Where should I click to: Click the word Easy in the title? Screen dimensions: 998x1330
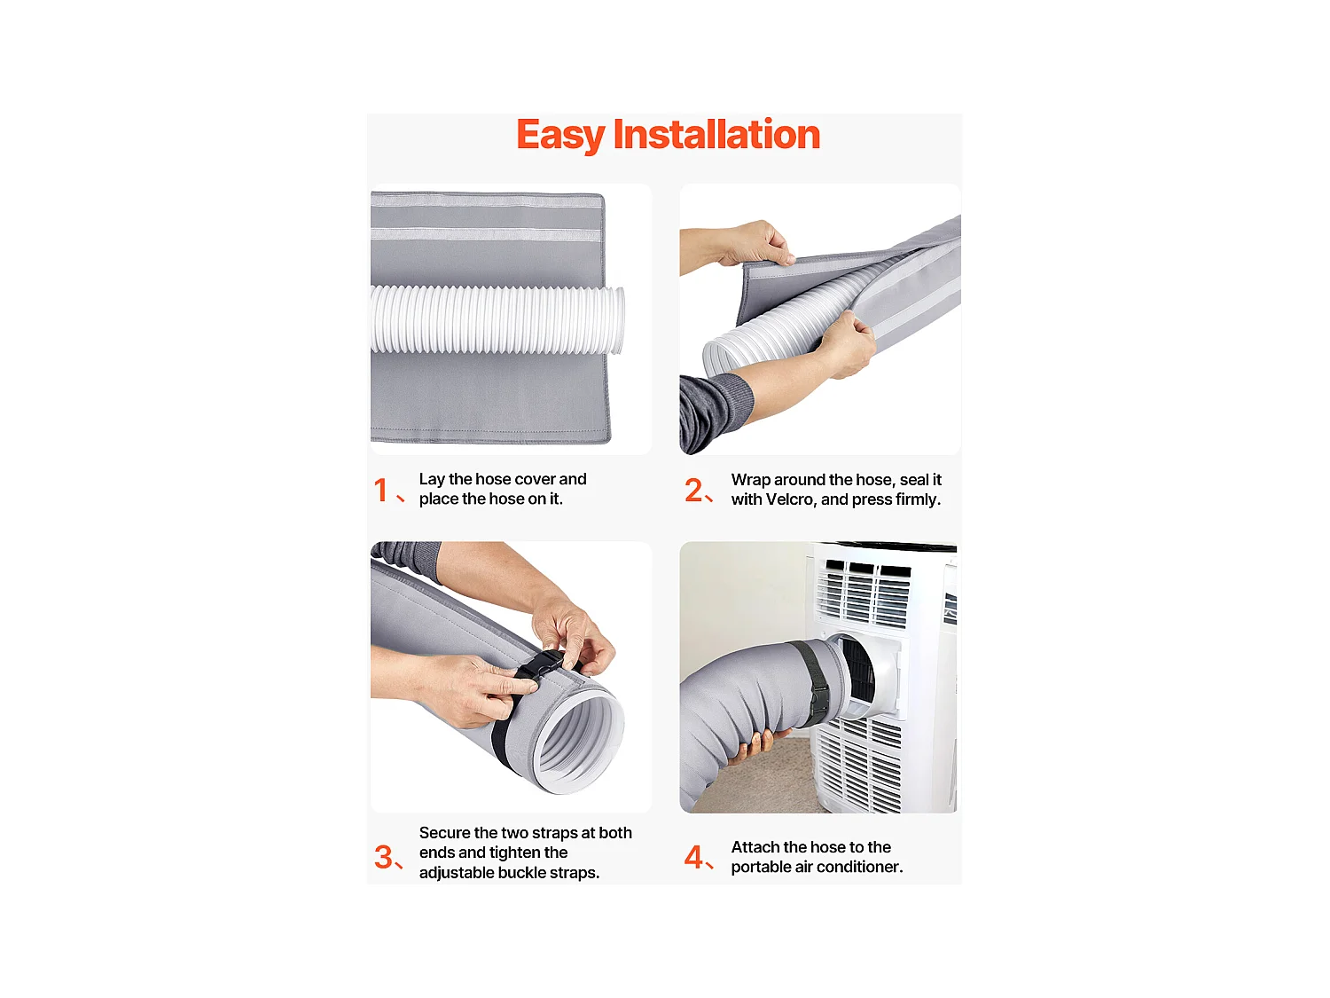click(560, 136)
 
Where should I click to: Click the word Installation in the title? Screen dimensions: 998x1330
click(716, 135)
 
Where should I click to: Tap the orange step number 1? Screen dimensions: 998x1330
click(381, 491)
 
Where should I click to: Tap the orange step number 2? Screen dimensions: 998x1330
click(693, 491)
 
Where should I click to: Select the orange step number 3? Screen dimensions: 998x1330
click(383, 857)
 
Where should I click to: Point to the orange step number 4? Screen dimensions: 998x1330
click(693, 857)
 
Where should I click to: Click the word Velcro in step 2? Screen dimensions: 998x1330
click(791, 499)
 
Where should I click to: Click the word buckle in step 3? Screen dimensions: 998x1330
click(509, 873)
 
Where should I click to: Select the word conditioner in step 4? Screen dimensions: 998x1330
click(859, 868)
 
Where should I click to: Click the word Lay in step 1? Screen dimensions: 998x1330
click(432, 479)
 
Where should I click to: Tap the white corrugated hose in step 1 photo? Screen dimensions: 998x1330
click(497, 320)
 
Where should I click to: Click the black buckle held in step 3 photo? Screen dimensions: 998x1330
click(541, 666)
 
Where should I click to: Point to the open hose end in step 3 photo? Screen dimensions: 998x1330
click(576, 741)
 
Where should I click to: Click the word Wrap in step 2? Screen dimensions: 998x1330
click(750, 480)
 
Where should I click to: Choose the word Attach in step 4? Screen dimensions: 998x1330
click(755, 847)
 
